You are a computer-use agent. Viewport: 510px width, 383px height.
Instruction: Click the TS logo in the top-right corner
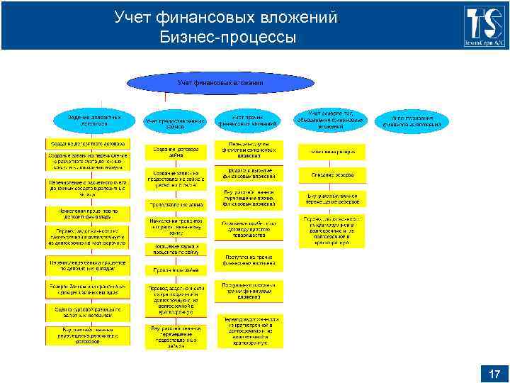[x=485, y=26]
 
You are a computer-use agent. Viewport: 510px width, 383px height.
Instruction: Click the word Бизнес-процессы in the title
[x=227, y=37]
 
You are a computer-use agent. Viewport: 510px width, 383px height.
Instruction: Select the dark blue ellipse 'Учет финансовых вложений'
[x=220, y=84]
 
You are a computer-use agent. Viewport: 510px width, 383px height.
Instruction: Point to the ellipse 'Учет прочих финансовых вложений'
[x=249, y=120]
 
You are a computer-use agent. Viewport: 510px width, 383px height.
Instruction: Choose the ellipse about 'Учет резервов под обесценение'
[x=331, y=120]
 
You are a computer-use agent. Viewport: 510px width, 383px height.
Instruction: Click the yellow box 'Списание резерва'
[x=331, y=173]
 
